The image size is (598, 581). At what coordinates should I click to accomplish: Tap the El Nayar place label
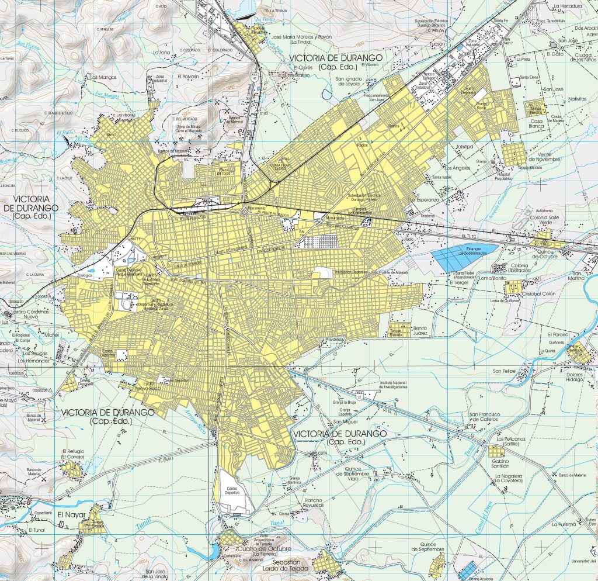click(71, 515)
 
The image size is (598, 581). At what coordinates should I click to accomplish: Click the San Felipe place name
click(505, 371)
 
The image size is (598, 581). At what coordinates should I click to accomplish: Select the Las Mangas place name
click(103, 77)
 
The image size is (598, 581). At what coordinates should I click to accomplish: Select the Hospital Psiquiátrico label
click(507, 177)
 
